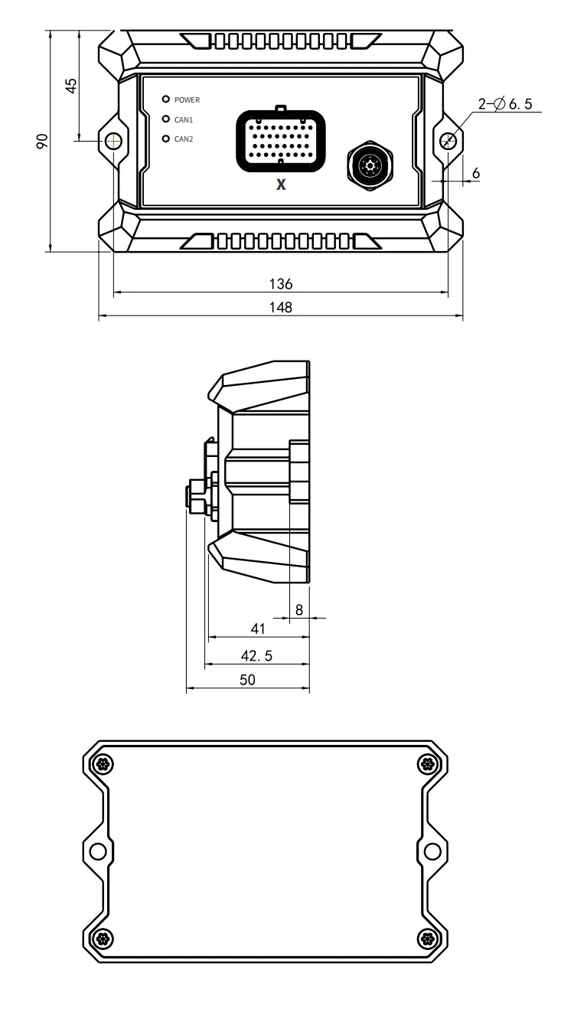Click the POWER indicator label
click(187, 100)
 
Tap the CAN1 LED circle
click(165, 119)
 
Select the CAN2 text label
click(184, 139)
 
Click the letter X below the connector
click(281, 185)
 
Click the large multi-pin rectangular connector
click(281, 138)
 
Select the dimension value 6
click(476, 173)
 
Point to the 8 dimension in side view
click(299, 609)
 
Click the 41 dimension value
click(258, 629)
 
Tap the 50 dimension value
click(247, 679)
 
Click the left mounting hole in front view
click(114, 141)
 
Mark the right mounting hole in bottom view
click(431, 851)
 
